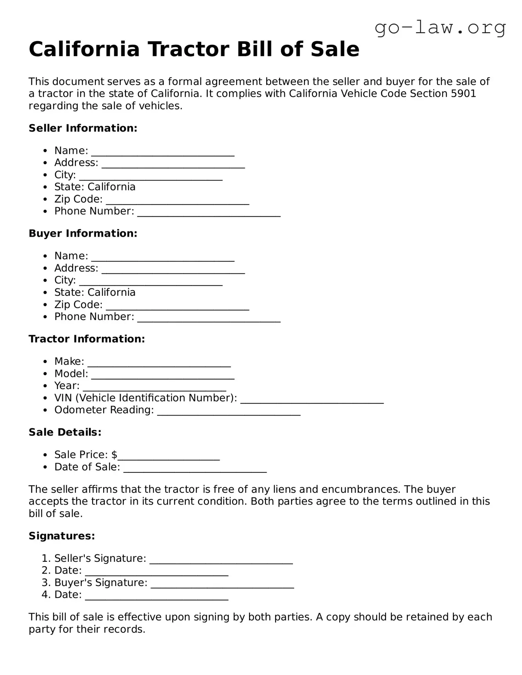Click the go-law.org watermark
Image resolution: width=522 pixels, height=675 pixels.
click(440, 28)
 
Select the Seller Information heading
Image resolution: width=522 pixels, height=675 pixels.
click(83, 128)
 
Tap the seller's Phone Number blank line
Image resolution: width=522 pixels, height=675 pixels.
click(209, 214)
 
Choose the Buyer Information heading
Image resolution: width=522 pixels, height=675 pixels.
click(83, 233)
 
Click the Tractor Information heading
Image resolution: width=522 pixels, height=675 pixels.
click(87, 339)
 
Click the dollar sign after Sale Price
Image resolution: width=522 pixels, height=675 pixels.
click(114, 455)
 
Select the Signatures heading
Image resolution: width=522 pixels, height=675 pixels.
click(62, 536)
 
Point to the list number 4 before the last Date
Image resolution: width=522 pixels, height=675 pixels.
click(45, 595)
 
